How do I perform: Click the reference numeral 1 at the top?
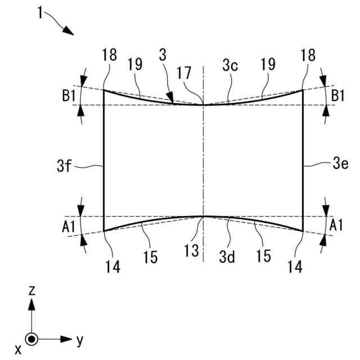(40, 12)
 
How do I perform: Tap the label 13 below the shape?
(193, 251)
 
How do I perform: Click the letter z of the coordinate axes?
(33, 290)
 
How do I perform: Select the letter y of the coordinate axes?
(80, 340)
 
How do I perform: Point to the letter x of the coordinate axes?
(18, 350)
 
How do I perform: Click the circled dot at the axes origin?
(33, 339)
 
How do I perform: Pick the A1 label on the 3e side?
(336, 226)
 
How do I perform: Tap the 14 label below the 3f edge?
(113, 268)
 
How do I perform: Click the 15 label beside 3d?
(264, 256)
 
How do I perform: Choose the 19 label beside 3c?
(268, 65)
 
